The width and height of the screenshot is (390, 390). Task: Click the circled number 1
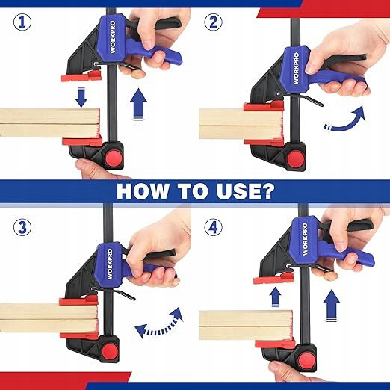coord(22,22)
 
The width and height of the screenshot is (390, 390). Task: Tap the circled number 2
coord(213,22)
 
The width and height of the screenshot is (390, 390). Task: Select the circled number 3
coord(22,227)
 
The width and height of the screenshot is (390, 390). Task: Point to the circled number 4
coord(213,227)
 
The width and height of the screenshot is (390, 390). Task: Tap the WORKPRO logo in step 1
coord(113,37)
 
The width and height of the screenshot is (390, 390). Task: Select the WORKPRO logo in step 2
coord(296,68)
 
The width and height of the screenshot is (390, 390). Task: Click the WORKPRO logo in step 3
coord(110,264)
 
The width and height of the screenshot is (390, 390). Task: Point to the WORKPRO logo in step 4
coord(305,239)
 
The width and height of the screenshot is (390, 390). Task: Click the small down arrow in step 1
coord(81,97)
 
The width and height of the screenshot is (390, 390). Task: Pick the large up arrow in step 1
coord(138,104)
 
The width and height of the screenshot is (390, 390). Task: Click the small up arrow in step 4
coord(275,297)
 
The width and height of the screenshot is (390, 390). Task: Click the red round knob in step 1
coord(114,158)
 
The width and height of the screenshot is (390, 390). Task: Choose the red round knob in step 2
coord(295,159)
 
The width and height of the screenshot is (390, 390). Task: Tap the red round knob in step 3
coord(109,351)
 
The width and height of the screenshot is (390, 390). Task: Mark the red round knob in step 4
coord(307,361)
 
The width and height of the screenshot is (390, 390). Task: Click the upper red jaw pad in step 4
coord(273,279)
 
